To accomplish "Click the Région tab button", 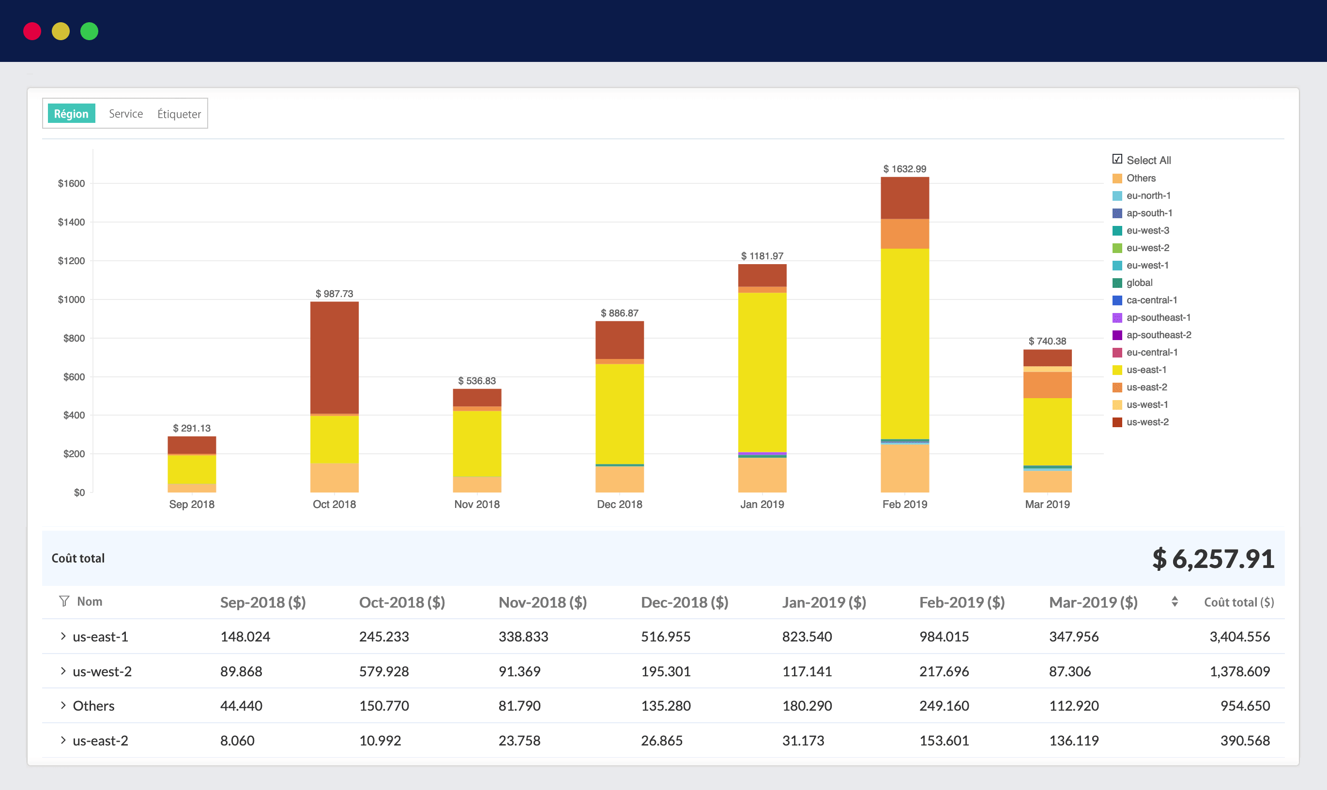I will click(x=71, y=113).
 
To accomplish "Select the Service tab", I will click(x=126, y=113).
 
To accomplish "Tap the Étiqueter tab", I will click(x=179, y=114).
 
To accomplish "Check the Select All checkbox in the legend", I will click(x=1117, y=159).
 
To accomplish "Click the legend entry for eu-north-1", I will click(x=1148, y=195).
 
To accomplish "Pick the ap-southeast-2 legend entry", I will click(x=1158, y=335).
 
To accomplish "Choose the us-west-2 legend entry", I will click(x=1147, y=422).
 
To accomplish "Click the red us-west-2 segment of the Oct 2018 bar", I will click(x=334, y=357).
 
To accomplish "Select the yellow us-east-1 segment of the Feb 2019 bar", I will click(x=904, y=343).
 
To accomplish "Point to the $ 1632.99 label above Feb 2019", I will click(x=904, y=169).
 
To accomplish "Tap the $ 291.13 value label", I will click(x=192, y=428).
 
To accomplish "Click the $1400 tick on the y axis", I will click(x=71, y=222).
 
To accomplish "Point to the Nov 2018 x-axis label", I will click(x=477, y=504).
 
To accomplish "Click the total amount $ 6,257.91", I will click(x=1213, y=559).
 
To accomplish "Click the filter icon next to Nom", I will click(x=64, y=601).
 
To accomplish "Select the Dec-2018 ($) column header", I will click(x=684, y=602).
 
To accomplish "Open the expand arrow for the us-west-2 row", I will click(x=63, y=671).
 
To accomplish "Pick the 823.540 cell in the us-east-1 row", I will click(x=807, y=637).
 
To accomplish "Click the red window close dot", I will click(x=32, y=31).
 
